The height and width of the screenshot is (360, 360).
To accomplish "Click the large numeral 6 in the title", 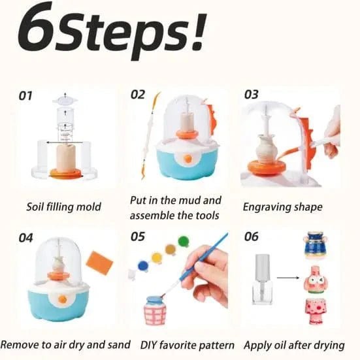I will coord(40,29).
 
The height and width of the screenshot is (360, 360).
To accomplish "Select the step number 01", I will coord(25,95).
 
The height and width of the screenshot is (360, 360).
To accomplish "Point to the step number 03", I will coord(252,95).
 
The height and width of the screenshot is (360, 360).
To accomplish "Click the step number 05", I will coord(138,237).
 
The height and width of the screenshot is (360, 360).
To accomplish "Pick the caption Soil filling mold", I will coord(63,206).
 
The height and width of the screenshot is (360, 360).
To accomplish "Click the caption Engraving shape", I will coord(282,206).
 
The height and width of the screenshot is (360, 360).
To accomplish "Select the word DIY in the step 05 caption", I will coord(152,344).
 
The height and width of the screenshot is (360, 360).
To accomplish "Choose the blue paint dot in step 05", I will coord(143,265).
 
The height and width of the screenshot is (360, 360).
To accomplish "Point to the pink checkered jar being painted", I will coord(155,312).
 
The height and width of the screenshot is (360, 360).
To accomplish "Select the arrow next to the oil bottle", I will coord(290,277).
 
